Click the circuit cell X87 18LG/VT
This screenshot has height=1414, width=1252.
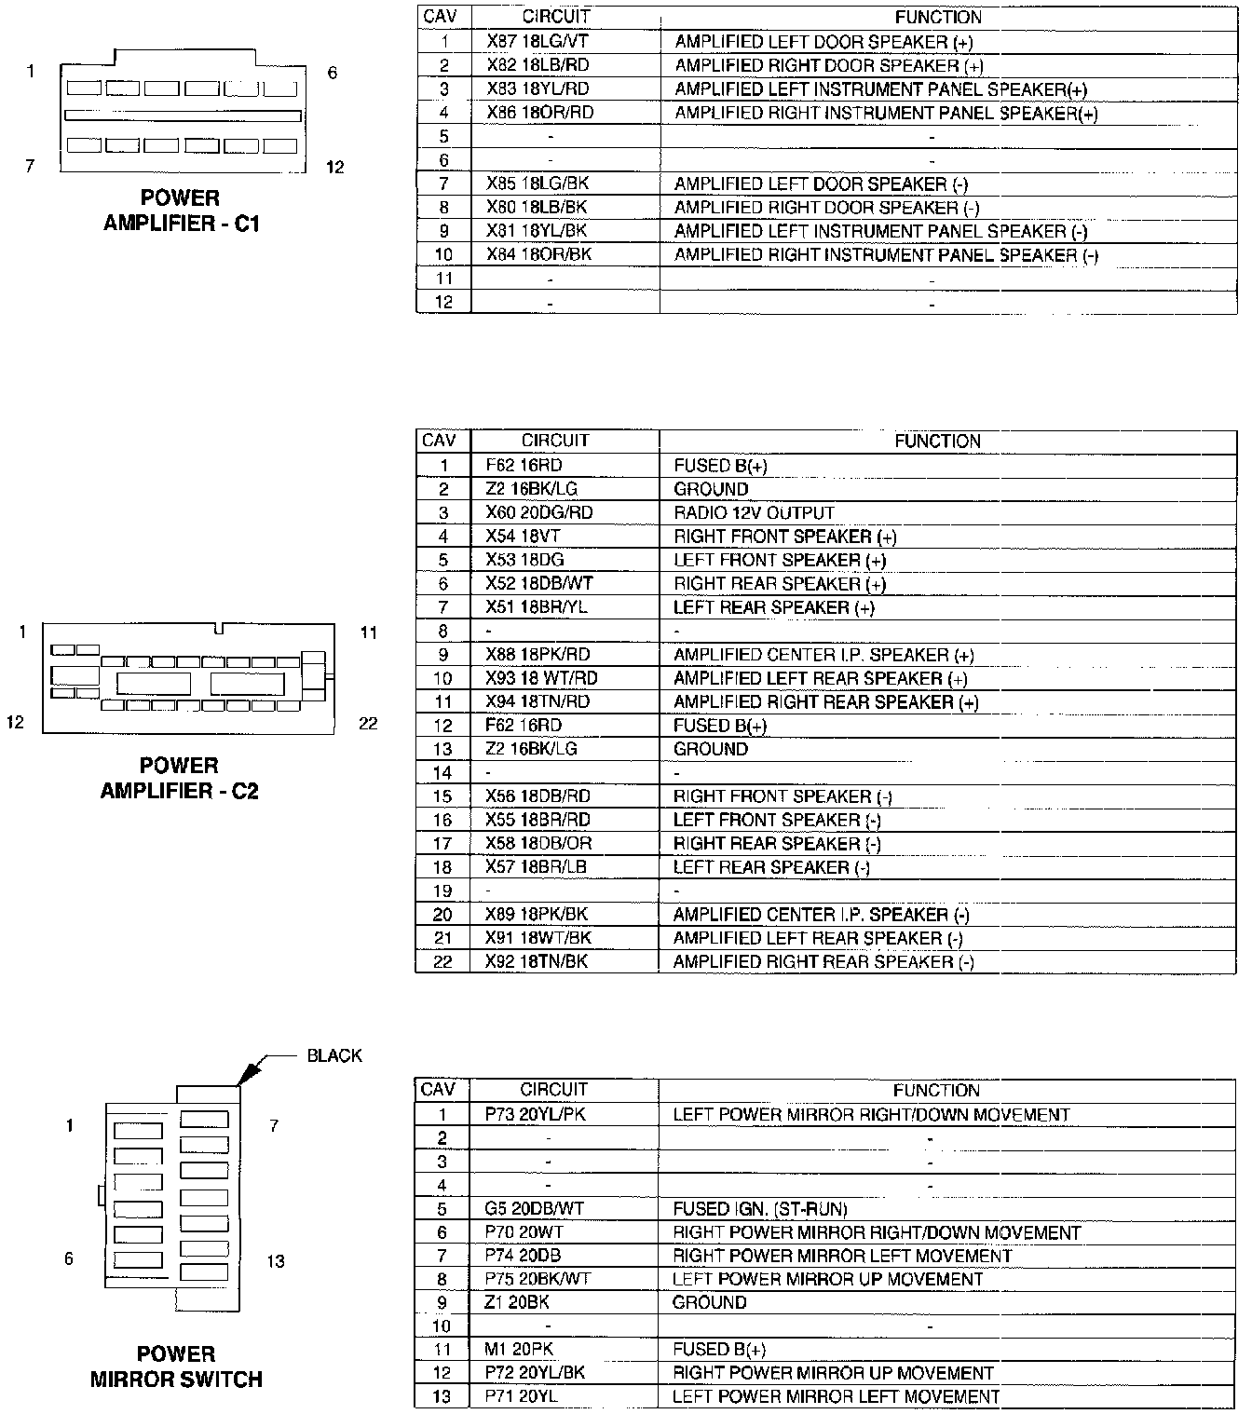tap(538, 42)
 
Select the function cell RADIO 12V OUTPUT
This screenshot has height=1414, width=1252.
tap(754, 512)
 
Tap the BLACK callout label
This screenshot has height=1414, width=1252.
tap(334, 1055)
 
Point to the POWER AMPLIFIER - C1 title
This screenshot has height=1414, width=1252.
tap(181, 211)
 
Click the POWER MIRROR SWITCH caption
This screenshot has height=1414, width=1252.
tap(176, 1366)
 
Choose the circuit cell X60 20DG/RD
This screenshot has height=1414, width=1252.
tap(538, 512)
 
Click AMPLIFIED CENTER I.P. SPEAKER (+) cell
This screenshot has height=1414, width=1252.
tap(823, 655)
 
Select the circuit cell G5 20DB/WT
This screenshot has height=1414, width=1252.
tap(534, 1208)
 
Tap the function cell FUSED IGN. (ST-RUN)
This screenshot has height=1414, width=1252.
tap(760, 1209)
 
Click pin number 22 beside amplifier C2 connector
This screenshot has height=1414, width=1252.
tap(369, 723)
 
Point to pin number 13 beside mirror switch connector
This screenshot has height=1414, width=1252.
tap(275, 1261)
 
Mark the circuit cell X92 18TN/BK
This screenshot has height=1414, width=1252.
tap(537, 961)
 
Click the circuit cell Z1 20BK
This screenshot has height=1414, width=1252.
tap(517, 1302)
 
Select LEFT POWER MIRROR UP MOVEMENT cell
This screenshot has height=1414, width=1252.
tap(827, 1279)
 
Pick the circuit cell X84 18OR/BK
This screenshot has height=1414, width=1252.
tap(538, 254)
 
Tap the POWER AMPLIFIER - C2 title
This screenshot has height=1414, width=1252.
tap(179, 778)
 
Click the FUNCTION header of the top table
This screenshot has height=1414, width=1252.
tap(938, 17)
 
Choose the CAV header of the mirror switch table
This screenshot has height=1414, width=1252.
tap(439, 1089)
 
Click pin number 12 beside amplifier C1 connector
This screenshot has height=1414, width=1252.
tap(335, 167)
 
